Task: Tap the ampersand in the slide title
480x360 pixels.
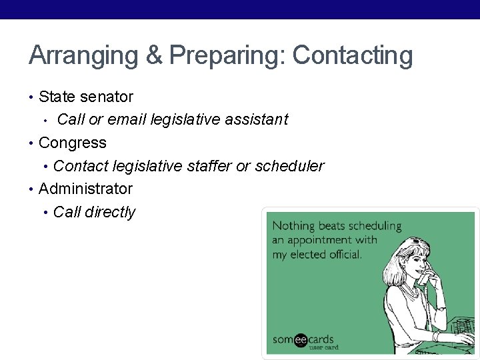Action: [153, 56]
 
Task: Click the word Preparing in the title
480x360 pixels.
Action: [227, 56]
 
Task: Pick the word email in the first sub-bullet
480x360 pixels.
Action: [127, 119]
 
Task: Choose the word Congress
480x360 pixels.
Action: [73, 143]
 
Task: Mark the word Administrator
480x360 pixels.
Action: [85, 189]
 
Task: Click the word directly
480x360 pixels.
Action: [109, 212]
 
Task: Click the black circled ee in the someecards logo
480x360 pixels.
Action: [301, 340]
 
